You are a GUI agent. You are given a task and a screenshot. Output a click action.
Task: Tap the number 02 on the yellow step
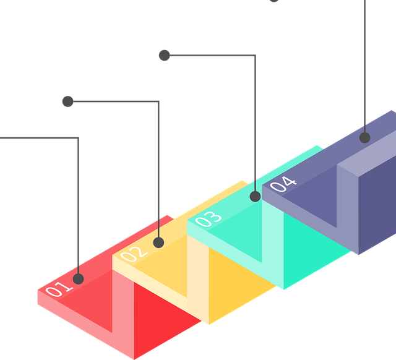134,254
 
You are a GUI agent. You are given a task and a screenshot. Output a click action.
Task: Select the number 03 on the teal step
209,218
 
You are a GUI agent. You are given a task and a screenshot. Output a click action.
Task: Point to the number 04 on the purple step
283,184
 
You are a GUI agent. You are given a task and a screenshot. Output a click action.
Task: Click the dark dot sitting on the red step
79,279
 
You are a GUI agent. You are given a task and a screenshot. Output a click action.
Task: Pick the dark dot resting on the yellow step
158,242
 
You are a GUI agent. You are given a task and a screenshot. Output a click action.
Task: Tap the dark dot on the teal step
255,197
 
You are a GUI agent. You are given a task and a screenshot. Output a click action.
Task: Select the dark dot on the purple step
364,137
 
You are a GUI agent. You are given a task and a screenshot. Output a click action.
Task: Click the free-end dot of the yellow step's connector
67,101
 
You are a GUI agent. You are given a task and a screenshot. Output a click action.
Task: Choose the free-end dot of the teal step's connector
165,55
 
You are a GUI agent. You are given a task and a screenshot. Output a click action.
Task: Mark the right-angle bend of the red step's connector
79,138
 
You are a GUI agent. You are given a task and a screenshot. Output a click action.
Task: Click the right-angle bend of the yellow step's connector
158,101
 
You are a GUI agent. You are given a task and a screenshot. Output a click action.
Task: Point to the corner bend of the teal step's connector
255,55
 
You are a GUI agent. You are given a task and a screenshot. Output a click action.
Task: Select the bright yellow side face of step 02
240,283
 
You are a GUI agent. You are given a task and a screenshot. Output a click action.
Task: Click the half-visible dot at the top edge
274,1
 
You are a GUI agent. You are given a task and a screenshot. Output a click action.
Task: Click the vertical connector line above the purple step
364,66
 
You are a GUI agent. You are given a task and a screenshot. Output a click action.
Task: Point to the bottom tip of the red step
134,359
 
